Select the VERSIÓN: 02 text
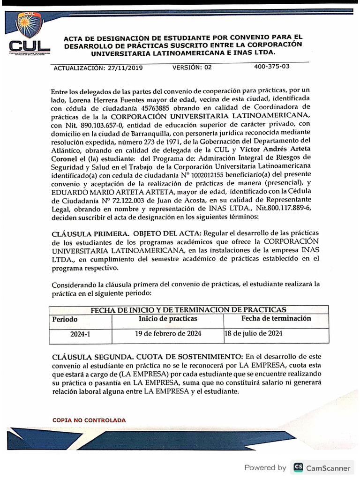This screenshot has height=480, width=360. pyautogui.click(x=192, y=67)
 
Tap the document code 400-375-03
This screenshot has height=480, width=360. pyautogui.click(x=272, y=66)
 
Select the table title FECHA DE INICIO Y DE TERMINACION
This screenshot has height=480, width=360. pyautogui.click(x=188, y=310)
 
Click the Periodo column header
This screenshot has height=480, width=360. pyautogui.click(x=65, y=319)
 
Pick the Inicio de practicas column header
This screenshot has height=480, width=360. pyautogui.click(x=168, y=319)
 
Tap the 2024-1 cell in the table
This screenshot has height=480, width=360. pyautogui.click(x=80, y=334)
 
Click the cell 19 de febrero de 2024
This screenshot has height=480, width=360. pyautogui.click(x=168, y=334)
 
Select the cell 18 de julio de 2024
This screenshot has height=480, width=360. pyautogui.click(x=254, y=334)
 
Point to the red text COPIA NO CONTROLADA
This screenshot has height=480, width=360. pyautogui.click(x=89, y=420)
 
